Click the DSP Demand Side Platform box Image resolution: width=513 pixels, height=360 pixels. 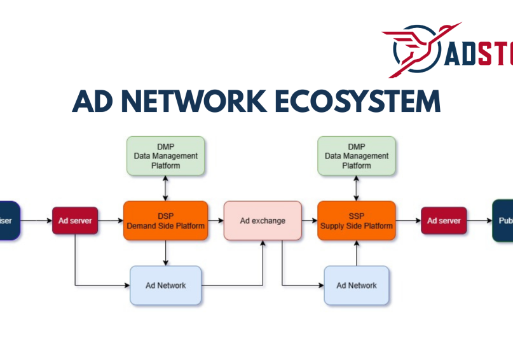pyautogui.click(x=165, y=221)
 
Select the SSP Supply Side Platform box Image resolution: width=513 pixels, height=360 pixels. pyautogui.click(x=356, y=221)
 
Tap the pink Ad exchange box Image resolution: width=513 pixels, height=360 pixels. pyautogui.click(x=263, y=221)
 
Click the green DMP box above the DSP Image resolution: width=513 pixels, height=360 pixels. pyautogui.click(x=165, y=156)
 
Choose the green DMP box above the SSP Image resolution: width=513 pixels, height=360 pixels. pyautogui.click(x=356, y=156)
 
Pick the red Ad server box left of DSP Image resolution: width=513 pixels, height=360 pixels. pyautogui.click(x=75, y=221)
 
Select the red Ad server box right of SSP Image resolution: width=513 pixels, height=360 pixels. pyautogui.click(x=444, y=221)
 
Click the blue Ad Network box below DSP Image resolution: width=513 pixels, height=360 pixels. pyautogui.click(x=165, y=286)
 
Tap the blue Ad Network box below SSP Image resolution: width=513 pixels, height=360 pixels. pyautogui.click(x=356, y=286)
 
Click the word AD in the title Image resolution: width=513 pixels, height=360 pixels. pyautogui.click(x=93, y=102)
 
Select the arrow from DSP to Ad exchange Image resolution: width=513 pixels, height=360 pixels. pyautogui.click(x=216, y=221)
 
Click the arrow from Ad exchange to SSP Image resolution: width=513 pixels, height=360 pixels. pyautogui.click(x=310, y=221)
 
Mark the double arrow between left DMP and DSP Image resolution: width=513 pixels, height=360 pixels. pyautogui.click(x=165, y=188)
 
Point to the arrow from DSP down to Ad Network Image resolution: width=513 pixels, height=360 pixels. pyautogui.click(x=165, y=253)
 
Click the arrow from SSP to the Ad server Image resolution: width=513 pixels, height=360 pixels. pyautogui.click(x=408, y=221)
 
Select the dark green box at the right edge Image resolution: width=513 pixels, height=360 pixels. pyautogui.click(x=503, y=221)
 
